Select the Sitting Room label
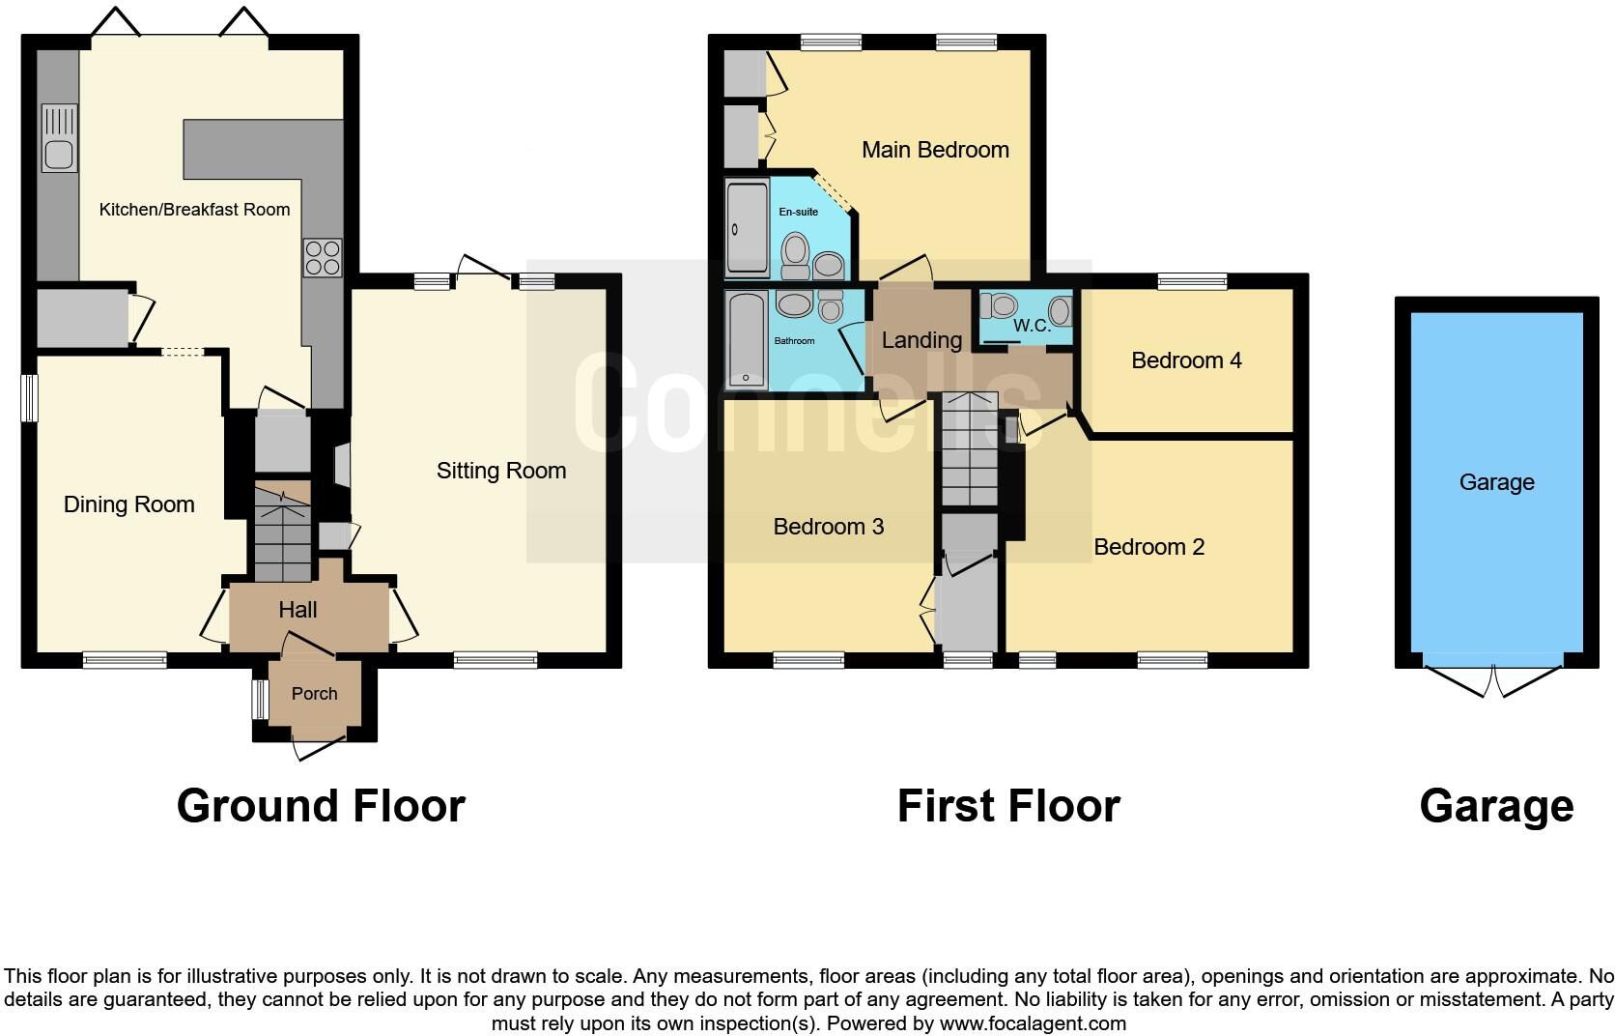tap(500, 471)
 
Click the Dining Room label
tap(128, 504)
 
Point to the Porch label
tap(314, 694)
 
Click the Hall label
tap(297, 610)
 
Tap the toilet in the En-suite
tap(796, 249)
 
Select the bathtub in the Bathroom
tap(747, 339)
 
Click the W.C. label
tap(1032, 326)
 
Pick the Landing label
tap(921, 340)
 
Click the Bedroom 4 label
tap(1186, 360)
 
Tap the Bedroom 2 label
tap(1148, 547)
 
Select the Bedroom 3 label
tap(829, 527)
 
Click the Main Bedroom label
tap(935, 150)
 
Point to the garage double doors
tap(1493, 681)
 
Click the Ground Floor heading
tap(321, 806)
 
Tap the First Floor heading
tap(1007, 806)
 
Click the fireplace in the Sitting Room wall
tap(341, 465)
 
